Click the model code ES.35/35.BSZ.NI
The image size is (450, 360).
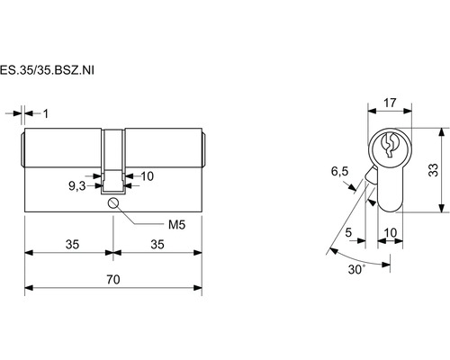[47, 70]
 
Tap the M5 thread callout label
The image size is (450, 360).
[176, 224]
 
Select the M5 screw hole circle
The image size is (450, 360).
[113, 203]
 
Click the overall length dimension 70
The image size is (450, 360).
[113, 280]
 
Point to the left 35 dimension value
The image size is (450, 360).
[72, 245]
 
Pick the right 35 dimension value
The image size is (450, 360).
[157, 245]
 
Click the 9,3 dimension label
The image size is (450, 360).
[77, 186]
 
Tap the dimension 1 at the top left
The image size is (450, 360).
[46, 113]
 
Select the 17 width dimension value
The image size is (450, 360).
[390, 103]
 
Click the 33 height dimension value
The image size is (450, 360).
[433, 170]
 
